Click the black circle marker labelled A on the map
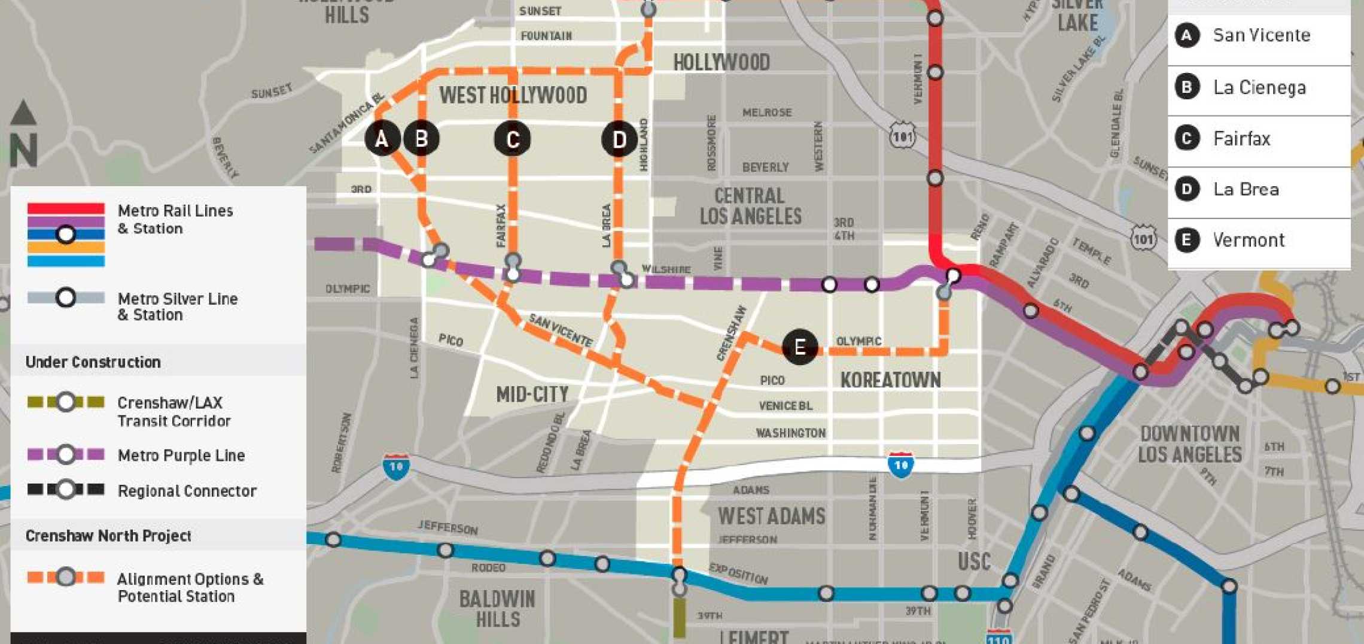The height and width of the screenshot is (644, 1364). tap(382, 138)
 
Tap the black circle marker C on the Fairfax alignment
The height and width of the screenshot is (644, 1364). tap(512, 139)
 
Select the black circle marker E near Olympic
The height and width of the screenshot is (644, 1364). tap(799, 347)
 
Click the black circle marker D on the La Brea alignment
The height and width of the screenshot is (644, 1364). tap(619, 139)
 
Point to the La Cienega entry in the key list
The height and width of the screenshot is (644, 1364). tap(1259, 87)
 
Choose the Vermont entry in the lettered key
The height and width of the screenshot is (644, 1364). tap(1248, 240)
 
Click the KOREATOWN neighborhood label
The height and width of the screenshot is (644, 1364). tap(890, 379)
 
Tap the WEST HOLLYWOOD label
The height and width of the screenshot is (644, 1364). tap(513, 95)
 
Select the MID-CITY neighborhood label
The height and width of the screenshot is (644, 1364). tap(532, 394)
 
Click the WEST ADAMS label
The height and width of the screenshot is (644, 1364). tap(771, 516)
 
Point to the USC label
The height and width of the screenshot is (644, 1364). tap(974, 561)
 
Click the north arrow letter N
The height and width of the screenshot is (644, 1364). tap(24, 150)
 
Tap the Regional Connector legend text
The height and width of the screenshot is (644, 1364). tap(187, 491)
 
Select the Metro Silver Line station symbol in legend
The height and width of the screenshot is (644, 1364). tap(66, 297)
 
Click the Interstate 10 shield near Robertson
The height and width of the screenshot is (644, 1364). tap(396, 467)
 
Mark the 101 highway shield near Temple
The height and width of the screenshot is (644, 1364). tap(1143, 238)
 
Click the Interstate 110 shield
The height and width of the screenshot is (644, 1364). tap(998, 637)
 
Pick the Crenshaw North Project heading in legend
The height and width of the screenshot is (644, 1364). tap(108, 536)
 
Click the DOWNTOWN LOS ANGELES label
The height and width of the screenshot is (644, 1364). tap(1189, 443)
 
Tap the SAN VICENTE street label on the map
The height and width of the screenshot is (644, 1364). tap(560, 331)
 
